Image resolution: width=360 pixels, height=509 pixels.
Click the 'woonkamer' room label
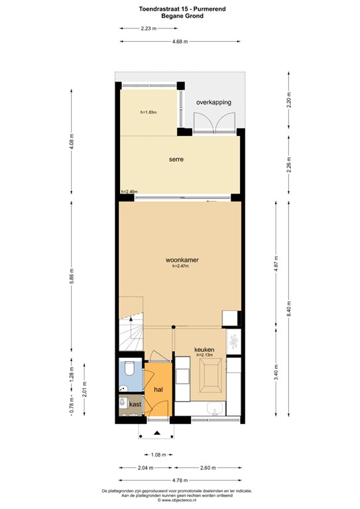point(182,260)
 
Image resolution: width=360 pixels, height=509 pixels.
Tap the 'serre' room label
point(176,159)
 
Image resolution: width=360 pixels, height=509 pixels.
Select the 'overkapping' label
point(213,102)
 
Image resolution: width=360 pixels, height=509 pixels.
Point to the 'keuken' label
point(204,350)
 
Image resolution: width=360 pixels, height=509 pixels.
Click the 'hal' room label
point(158,390)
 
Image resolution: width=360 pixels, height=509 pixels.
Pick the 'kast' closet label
point(135,404)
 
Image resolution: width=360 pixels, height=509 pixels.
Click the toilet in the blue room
point(129,368)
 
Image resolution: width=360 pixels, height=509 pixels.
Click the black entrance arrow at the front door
point(157,432)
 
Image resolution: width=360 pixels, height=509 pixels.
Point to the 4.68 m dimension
point(180,42)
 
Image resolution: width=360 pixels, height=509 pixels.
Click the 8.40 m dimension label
point(289,309)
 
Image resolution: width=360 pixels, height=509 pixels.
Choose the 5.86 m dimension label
point(72,276)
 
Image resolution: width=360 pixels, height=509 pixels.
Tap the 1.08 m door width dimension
point(158,455)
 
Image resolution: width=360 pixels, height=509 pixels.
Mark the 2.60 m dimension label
point(208,468)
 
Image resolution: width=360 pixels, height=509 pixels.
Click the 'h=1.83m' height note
point(149,112)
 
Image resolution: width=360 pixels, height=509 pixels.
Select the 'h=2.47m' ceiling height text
point(180,266)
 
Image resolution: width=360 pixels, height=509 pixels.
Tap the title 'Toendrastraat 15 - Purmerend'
point(182,9)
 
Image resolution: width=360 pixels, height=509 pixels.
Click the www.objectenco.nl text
point(177,500)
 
